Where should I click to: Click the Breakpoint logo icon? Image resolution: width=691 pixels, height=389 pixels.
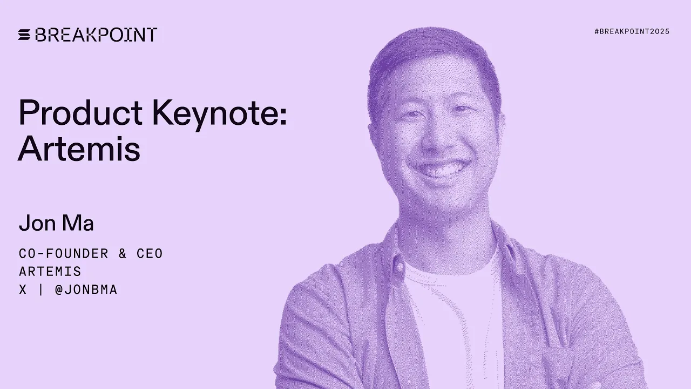point(24,35)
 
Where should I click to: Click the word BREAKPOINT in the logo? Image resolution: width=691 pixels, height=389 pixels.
point(96,35)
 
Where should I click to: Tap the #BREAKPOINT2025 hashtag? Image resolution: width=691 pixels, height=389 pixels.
point(632,31)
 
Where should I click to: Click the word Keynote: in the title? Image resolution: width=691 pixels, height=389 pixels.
point(219,113)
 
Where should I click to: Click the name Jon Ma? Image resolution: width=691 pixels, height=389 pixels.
point(56,223)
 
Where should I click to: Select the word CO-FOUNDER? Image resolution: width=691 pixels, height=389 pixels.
point(64,253)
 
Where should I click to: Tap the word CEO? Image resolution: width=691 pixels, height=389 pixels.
point(150,253)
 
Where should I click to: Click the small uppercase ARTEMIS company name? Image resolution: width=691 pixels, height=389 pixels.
point(50,271)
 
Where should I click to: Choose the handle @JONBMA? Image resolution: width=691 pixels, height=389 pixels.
point(86,290)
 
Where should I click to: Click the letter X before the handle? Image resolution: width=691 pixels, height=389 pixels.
point(23,290)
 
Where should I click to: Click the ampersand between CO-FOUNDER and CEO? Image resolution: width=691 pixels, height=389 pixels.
point(123,253)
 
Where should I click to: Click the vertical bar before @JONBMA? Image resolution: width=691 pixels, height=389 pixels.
point(41,290)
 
